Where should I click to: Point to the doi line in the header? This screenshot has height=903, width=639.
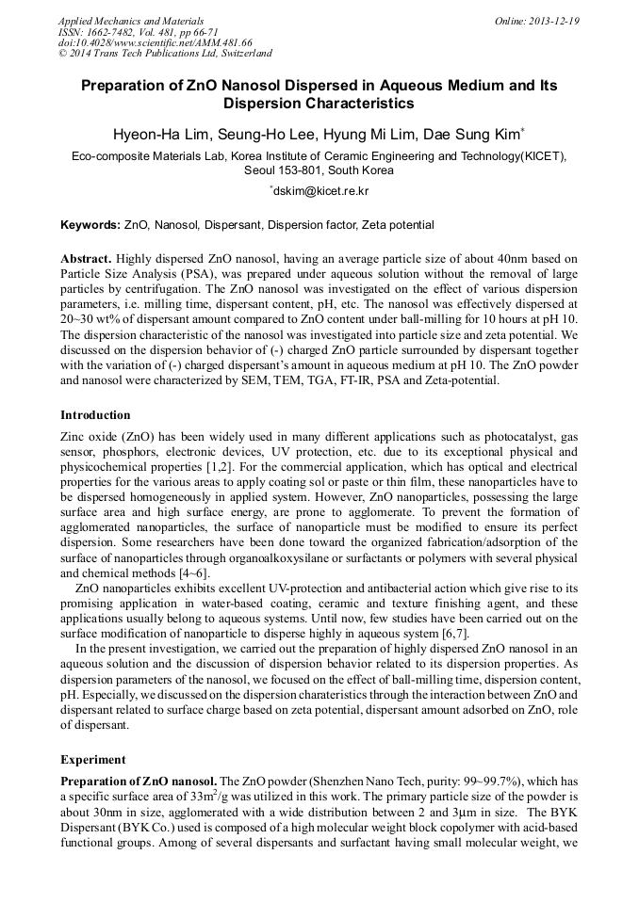tap(155, 42)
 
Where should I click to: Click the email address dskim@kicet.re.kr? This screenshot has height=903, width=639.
tap(320, 191)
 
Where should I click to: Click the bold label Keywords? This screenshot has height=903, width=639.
tap(90, 225)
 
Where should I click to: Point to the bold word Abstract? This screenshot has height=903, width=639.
tap(86, 258)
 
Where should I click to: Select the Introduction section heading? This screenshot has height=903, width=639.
tap(95, 415)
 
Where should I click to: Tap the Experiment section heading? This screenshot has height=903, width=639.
tap(92, 759)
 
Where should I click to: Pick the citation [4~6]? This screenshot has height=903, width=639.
tap(191, 573)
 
